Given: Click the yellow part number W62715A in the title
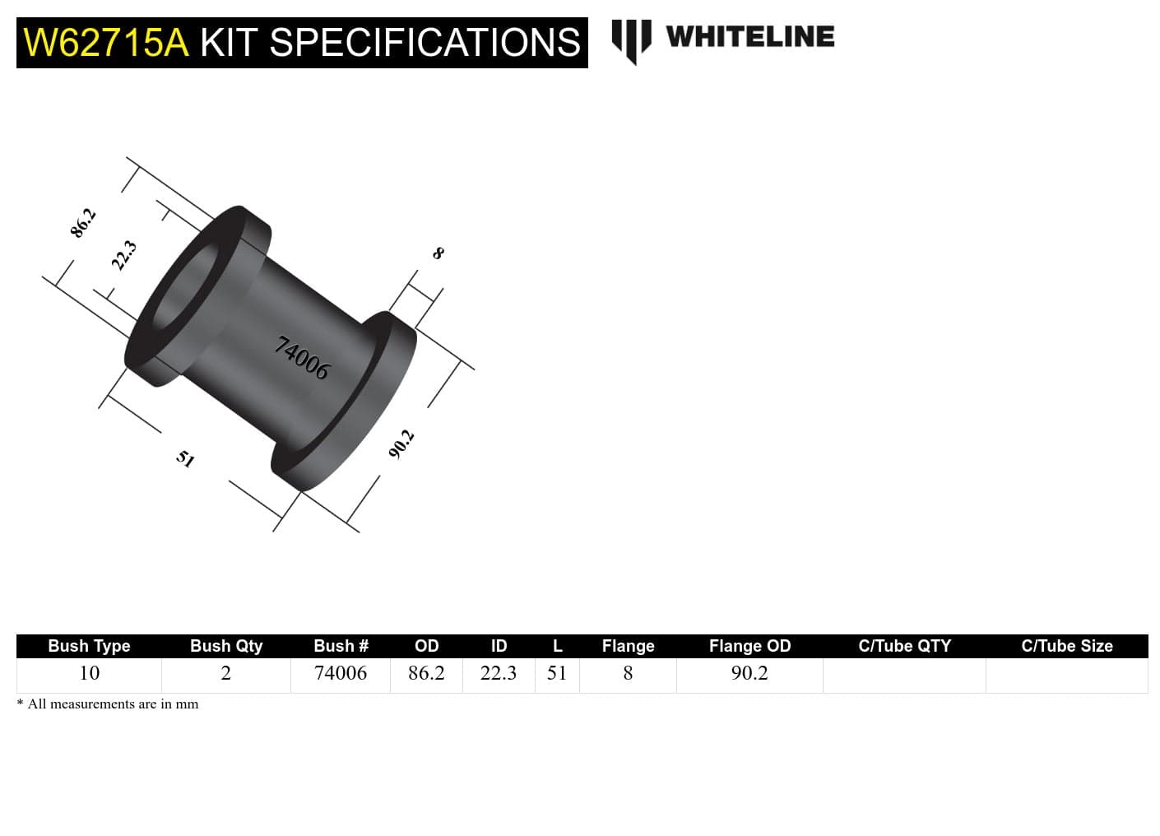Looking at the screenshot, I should point(106,43).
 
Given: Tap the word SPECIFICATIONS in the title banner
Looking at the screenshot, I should point(424,43).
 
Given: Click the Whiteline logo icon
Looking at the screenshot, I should point(631,39).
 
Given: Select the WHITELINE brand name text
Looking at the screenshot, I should point(749,37).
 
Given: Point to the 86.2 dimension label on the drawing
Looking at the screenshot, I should point(83,223).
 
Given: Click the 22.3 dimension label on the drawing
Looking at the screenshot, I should point(123,255).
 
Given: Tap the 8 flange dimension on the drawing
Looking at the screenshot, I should point(438,253).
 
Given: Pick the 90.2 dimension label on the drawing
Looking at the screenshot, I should point(401,444).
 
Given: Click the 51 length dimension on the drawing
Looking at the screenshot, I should point(185,458).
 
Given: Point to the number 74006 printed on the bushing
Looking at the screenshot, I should point(302,358).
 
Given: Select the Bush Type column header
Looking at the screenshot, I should point(89,646).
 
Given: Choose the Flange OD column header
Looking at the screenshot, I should point(749,646).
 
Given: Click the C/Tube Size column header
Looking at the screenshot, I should point(1066,646).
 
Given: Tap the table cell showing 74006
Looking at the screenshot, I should point(341,673).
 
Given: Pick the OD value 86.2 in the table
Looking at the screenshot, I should point(426,673).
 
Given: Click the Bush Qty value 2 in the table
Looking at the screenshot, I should point(225,673).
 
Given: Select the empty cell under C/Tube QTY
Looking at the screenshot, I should point(904,675).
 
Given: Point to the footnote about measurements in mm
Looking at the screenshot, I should point(108,704).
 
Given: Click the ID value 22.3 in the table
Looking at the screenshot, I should point(499,673).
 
